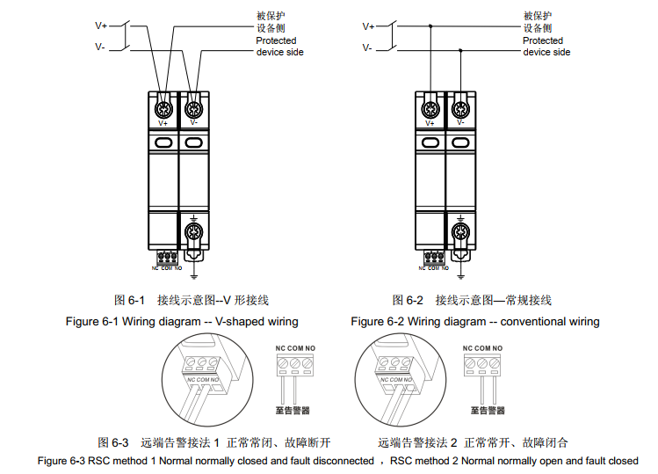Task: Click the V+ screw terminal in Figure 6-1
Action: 163,110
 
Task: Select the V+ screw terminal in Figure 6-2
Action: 430,110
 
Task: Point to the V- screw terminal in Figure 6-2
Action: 459,110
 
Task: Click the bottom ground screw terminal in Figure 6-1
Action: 192,234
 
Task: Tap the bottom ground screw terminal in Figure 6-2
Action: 459,234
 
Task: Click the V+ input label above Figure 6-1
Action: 101,26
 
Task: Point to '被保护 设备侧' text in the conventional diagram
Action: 539,21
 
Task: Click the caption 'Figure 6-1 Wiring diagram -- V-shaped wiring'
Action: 182,322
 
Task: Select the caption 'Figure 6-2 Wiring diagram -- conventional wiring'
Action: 474,322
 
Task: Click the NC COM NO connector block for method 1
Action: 293,361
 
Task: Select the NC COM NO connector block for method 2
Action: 482,361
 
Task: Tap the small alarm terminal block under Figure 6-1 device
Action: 168,258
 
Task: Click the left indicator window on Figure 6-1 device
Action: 163,141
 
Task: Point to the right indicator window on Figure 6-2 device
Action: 459,141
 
